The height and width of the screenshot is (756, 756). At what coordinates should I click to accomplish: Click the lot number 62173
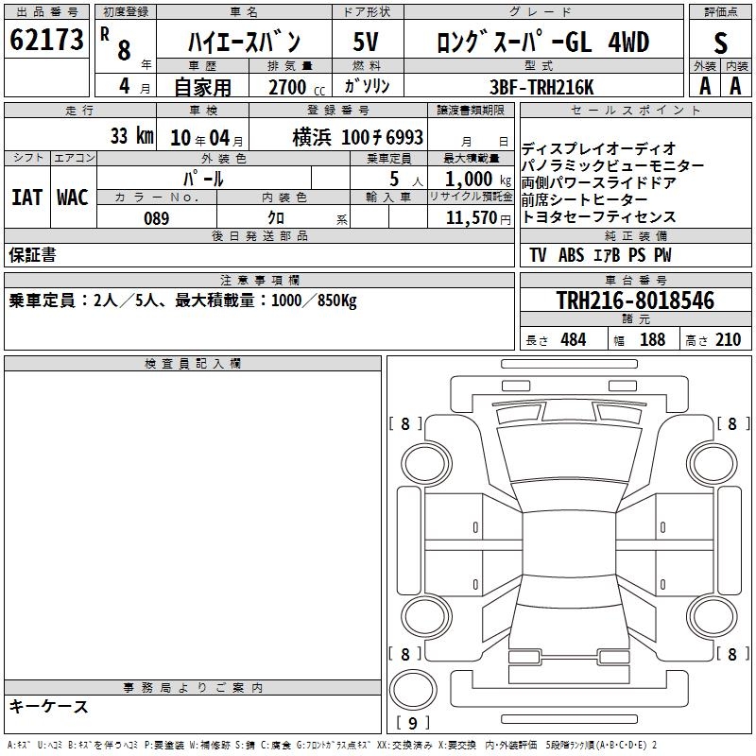pyautogui.click(x=46, y=40)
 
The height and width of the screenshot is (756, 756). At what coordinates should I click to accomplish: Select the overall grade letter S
pyautogui.click(x=720, y=43)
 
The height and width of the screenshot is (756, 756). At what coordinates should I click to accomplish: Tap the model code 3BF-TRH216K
pyautogui.click(x=541, y=87)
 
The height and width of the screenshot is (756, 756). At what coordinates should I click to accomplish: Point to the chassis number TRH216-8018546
pyautogui.click(x=635, y=300)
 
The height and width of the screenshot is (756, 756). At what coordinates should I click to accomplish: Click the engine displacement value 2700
pyautogui.click(x=287, y=87)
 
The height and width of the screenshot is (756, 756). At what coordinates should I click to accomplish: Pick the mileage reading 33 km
pyautogui.click(x=132, y=136)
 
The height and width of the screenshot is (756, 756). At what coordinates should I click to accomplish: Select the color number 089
pyautogui.click(x=157, y=218)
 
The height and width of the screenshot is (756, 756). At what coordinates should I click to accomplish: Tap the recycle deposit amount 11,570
pyautogui.click(x=471, y=218)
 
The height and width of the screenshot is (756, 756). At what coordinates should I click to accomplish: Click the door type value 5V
pyautogui.click(x=366, y=42)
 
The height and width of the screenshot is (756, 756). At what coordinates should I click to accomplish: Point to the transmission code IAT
pyautogui.click(x=27, y=198)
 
